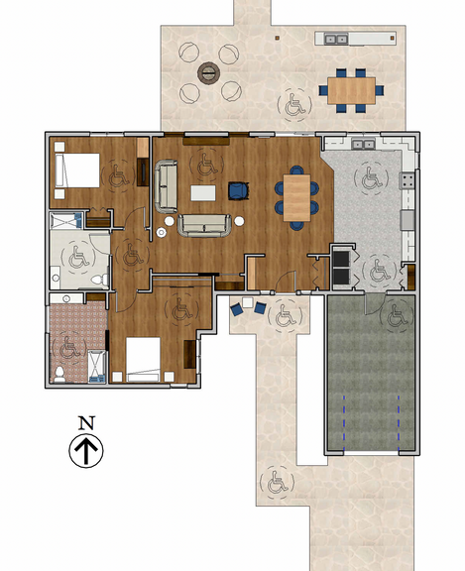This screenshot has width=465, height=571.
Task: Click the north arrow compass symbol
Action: click(86, 450)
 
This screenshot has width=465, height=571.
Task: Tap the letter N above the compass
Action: click(86, 422)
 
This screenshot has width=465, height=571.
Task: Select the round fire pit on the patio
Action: click(208, 72)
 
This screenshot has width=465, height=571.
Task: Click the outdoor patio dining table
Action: click(351, 90)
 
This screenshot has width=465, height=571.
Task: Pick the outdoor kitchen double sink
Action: click(336, 39)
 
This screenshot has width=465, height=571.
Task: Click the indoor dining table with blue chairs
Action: click(296, 197)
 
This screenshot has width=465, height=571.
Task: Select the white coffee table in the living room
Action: click(203, 192)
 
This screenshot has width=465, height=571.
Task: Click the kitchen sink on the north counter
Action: click(363, 145)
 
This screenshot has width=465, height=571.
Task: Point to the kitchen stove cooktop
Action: click(407, 180)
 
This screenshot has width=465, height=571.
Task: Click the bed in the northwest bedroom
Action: click(76, 171)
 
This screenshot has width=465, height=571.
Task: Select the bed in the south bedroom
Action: click(143, 360)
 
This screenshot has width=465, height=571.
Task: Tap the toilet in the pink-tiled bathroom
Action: click(59, 374)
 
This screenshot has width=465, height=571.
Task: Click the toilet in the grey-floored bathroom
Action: click(100, 280)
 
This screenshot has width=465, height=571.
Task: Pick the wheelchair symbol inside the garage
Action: click(397, 315)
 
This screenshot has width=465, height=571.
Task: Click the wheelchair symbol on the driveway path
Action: click(277, 483)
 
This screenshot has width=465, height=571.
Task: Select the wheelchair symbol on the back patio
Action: click(294, 104)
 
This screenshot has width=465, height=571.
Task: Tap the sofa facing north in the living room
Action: click(204, 225)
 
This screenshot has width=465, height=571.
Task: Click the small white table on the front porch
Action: click(248, 302)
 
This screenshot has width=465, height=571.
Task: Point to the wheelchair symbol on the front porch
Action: click(286, 315)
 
